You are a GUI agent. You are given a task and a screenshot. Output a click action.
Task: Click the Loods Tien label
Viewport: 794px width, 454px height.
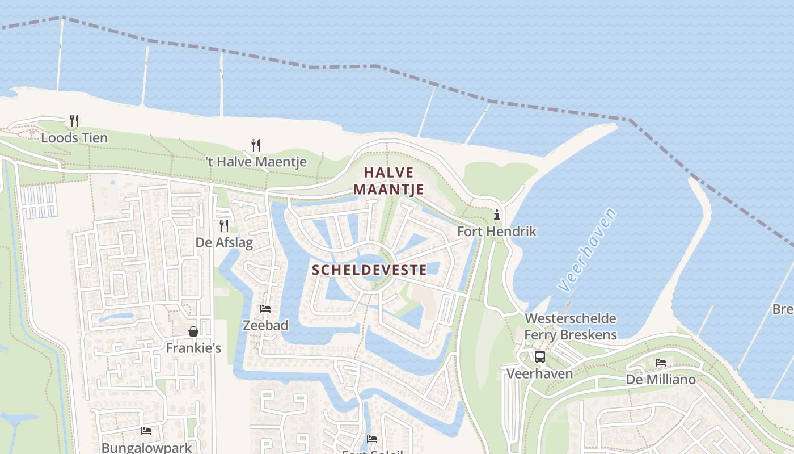coord(74,137)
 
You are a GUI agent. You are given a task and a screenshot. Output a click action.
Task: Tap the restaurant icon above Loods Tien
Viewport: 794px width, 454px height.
coord(74,120)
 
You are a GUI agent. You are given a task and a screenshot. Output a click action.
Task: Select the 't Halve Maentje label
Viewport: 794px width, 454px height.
coord(256,162)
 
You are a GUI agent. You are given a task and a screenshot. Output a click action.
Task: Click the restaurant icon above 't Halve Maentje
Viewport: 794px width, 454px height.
coord(256,145)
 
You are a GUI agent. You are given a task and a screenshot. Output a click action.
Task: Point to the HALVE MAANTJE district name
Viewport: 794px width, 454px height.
coord(389,180)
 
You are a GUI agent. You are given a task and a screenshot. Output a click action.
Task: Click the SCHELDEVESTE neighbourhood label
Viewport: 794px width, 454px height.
coord(369,270)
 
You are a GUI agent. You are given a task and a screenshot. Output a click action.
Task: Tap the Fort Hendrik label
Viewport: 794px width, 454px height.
coord(497,232)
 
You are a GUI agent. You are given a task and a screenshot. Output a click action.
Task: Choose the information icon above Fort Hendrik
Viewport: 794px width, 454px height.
coord(497,215)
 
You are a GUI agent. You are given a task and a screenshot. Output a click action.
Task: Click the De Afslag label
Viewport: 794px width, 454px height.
coord(224,242)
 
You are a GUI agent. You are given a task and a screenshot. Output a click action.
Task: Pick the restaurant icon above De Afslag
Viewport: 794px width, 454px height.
coord(224,226)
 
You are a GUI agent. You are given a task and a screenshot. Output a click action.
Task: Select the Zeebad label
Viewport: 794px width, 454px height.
coord(265,325)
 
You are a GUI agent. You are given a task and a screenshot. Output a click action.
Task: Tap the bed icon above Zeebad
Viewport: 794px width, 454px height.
coord(265,309)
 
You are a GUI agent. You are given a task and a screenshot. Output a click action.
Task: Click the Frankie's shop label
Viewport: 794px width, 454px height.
coord(193,348)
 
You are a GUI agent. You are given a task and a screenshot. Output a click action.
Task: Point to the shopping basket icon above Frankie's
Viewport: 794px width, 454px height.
coord(193,331)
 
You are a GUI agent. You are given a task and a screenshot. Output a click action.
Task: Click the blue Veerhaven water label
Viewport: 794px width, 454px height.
coord(588,250)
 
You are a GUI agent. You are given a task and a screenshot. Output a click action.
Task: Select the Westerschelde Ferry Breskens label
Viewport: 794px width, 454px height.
coord(571,326)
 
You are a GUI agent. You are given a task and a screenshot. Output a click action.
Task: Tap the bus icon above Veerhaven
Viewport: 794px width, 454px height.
coord(539,357)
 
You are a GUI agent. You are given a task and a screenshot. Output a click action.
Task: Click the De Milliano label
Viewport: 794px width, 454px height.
coord(661,379)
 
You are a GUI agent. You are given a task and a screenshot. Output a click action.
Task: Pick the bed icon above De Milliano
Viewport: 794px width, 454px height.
coord(661,362)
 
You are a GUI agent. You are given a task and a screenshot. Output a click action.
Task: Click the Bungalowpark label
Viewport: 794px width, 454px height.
coord(146,448)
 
